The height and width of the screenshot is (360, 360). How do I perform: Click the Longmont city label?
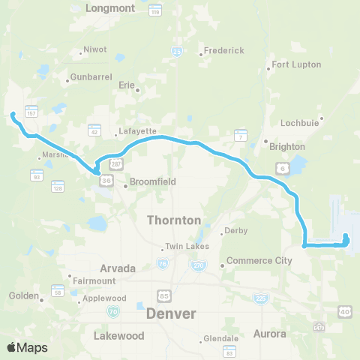[109, 8]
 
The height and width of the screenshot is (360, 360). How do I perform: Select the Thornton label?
[173, 220]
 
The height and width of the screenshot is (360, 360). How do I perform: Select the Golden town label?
[24, 295]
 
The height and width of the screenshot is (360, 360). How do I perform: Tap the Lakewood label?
[118, 335]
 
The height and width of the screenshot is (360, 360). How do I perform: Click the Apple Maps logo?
[27, 347]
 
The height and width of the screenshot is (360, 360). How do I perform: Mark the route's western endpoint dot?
[13, 115]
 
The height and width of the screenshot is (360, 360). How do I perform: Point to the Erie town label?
[127, 85]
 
